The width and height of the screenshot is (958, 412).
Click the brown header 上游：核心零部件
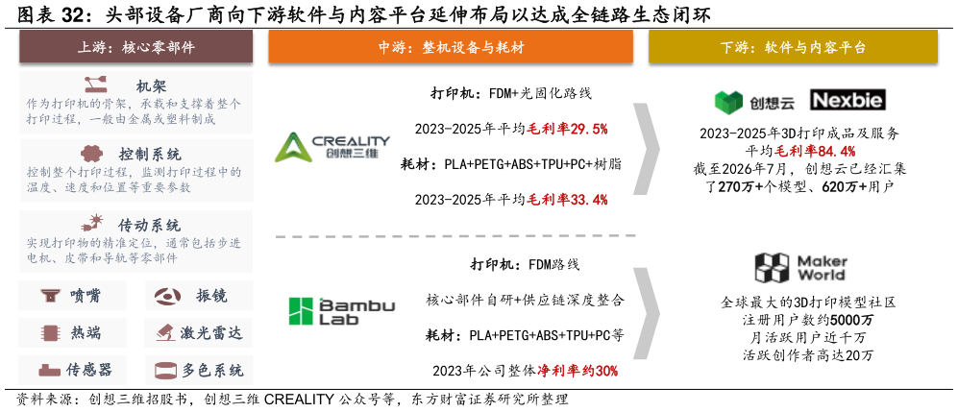click(x=136, y=47)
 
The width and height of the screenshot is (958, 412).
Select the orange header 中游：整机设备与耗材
click(x=451, y=47)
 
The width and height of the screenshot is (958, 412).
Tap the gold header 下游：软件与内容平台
click(x=793, y=47)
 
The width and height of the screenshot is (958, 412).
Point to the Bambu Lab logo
click(x=341, y=310)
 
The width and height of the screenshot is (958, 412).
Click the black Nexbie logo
click(x=847, y=100)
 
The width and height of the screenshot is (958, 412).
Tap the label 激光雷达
click(x=210, y=333)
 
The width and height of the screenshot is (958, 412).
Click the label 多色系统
click(x=212, y=370)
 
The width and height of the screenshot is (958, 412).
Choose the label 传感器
click(x=88, y=370)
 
